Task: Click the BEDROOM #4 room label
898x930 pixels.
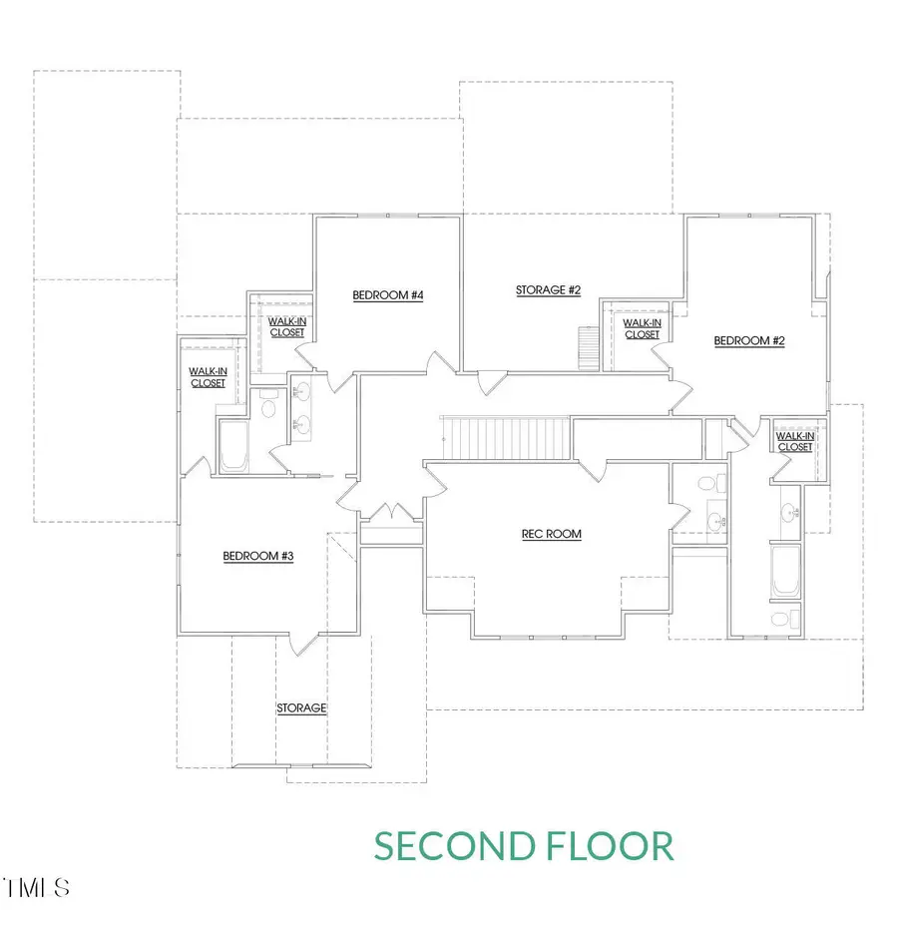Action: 388,295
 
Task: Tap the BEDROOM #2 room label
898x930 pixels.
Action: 749,341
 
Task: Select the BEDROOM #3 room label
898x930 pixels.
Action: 257,557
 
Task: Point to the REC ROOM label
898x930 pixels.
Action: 551,534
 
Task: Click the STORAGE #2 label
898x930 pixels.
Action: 548,290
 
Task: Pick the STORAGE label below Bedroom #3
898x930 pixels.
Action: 301,708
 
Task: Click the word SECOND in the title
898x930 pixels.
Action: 455,846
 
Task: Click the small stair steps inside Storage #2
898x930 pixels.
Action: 589,348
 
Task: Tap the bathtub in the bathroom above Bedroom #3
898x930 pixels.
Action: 233,447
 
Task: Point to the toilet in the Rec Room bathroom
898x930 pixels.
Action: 707,484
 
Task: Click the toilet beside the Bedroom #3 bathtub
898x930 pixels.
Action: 267,407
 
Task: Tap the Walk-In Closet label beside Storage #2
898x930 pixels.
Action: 642,328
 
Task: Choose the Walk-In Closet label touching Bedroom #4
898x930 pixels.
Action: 287,326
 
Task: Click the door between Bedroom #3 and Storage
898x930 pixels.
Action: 300,643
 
